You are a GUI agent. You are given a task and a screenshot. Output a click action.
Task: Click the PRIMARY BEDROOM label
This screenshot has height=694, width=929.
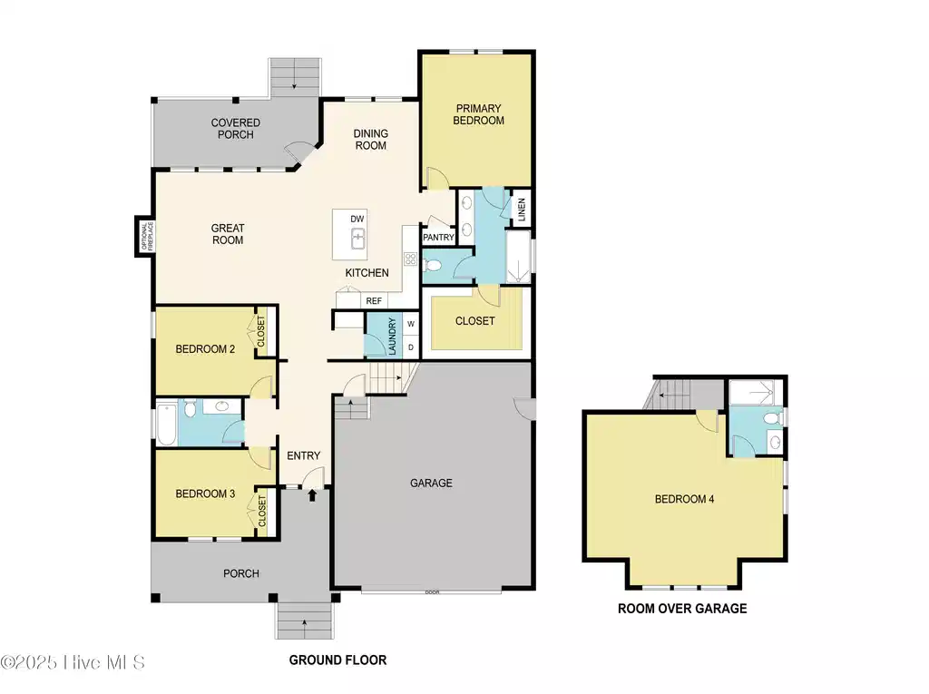pyautogui.click(x=479, y=114)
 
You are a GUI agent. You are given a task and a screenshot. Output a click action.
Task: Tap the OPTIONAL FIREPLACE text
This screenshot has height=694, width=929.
pyautogui.click(x=147, y=236)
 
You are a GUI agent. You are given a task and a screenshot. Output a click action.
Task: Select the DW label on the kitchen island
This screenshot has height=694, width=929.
pyautogui.click(x=357, y=219)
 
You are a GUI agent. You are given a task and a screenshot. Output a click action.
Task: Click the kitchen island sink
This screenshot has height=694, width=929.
pyautogui.click(x=357, y=239)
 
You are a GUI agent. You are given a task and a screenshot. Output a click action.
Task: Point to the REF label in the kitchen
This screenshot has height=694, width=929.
pyautogui.click(x=374, y=301)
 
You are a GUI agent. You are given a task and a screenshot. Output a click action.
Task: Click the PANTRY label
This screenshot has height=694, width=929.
pyautogui.click(x=438, y=237)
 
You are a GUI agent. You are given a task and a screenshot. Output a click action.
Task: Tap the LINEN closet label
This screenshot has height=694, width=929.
pyautogui.click(x=522, y=210)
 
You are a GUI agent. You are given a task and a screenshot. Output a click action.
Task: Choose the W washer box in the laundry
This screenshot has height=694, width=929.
pyautogui.click(x=411, y=324)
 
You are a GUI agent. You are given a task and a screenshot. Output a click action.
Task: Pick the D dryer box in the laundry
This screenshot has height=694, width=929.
pyautogui.click(x=411, y=347)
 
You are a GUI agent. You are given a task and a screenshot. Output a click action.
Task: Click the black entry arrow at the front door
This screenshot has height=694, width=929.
pyautogui.click(x=312, y=494)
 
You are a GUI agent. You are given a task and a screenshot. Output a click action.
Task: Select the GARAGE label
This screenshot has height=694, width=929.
pyautogui.click(x=431, y=483)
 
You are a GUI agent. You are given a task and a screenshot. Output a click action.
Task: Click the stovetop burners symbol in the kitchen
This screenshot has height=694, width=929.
pyautogui.click(x=411, y=259)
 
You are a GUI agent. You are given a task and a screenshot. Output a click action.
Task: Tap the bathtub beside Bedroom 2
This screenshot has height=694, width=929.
pyautogui.click(x=167, y=423)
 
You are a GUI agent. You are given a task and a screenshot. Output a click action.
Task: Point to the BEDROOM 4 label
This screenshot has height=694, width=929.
pyautogui.click(x=684, y=499)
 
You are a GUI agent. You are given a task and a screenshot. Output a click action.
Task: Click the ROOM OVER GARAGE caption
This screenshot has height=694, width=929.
pyautogui.click(x=682, y=609)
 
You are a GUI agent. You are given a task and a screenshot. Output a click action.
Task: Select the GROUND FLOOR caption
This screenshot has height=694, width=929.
pyautogui.click(x=337, y=660)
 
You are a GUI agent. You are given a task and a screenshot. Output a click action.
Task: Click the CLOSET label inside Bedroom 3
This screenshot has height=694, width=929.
pyautogui.click(x=262, y=512)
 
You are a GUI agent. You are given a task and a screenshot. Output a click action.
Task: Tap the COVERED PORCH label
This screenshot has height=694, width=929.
pyautogui.click(x=236, y=129)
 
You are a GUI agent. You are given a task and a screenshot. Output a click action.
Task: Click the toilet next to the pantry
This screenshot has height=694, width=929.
pyautogui.click(x=433, y=265)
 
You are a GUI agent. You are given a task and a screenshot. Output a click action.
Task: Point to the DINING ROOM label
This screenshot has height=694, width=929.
pyautogui.click(x=371, y=140)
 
